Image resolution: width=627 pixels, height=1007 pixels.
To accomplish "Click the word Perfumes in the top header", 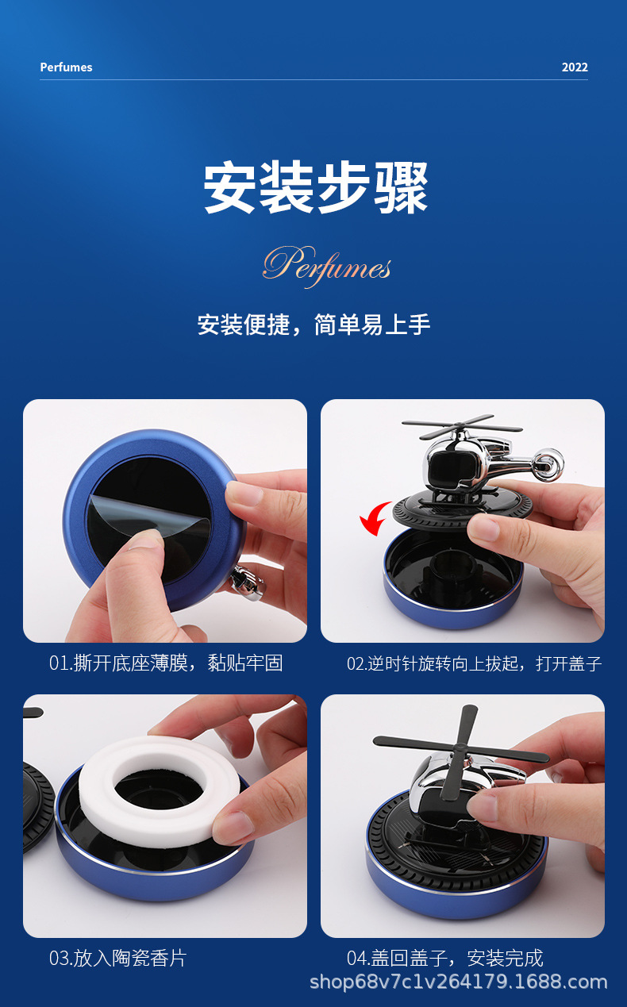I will pos(66,67).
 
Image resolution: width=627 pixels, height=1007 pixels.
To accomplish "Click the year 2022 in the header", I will pos(575,67).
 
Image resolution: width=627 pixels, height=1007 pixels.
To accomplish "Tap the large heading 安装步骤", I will pos(315,189).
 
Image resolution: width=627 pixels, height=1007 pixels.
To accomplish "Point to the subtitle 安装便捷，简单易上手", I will pos(313,325).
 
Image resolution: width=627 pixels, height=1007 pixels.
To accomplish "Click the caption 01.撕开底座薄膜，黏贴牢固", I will pos(166,663).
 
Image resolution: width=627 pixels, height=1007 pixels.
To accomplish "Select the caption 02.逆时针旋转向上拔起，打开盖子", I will pos(474,663).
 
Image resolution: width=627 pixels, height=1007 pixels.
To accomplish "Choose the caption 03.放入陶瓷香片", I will pos(117,959).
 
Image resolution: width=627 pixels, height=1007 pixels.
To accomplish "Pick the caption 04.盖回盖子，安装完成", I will pos(444,959).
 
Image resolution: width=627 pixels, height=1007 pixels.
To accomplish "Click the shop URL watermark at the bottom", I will pos(458,982).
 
